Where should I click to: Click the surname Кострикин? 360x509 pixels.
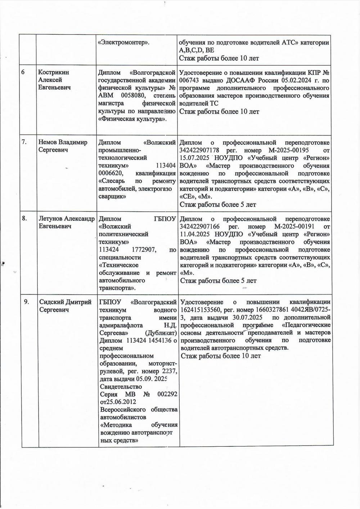pos(54,72)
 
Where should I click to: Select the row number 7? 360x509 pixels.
pos(24,142)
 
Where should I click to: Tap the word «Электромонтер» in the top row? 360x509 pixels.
pos(124,43)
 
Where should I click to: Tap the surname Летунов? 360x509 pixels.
pos(51,219)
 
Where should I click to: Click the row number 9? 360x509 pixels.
pos(26,302)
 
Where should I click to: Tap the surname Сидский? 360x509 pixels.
pos(50,302)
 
